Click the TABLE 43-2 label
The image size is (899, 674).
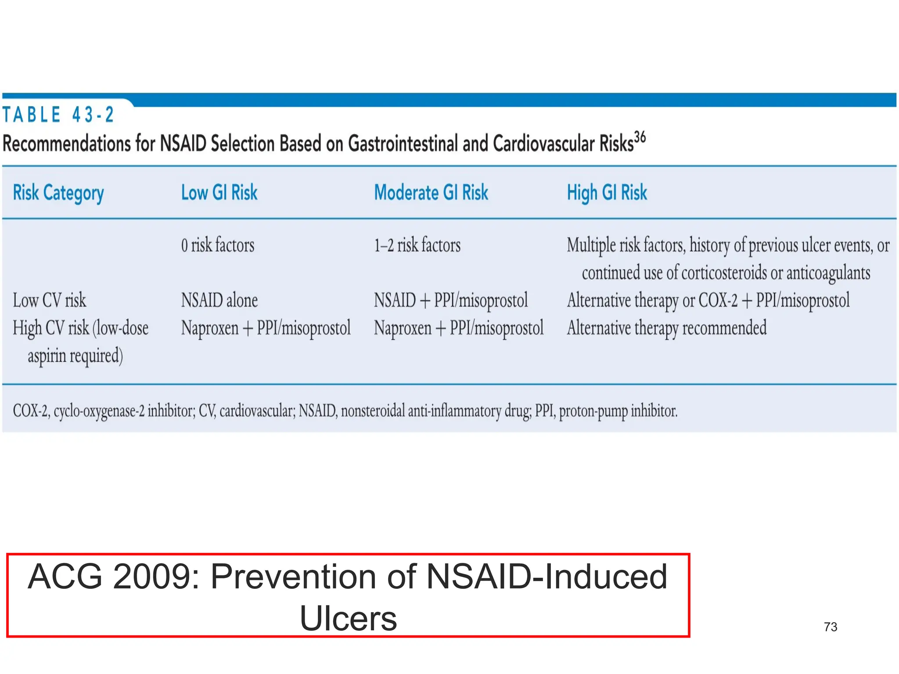58,115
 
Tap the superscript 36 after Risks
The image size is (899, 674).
640,137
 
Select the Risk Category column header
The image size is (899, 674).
58,193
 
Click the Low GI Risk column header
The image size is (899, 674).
219,193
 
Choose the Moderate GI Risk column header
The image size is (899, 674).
431,193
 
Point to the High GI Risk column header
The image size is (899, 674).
607,193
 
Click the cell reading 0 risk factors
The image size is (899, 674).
218,245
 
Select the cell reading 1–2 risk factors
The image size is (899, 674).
417,245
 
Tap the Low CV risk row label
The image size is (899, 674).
50,301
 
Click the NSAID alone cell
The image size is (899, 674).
219,301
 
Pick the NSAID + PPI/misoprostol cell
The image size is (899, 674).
451,301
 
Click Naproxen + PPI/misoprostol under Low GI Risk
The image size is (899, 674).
266,328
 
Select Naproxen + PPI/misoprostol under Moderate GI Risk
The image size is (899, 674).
458,328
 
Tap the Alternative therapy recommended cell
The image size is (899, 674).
666,328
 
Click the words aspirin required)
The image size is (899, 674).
75,356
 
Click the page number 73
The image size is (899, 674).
830,627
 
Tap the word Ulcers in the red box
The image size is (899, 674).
348,618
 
